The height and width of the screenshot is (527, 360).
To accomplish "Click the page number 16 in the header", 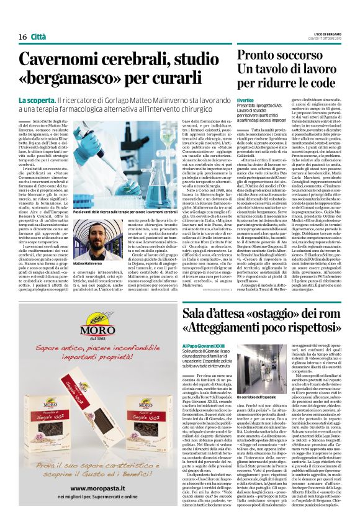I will click(x=22, y=37).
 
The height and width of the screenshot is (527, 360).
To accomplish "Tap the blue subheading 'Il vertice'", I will click(x=228, y=100).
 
